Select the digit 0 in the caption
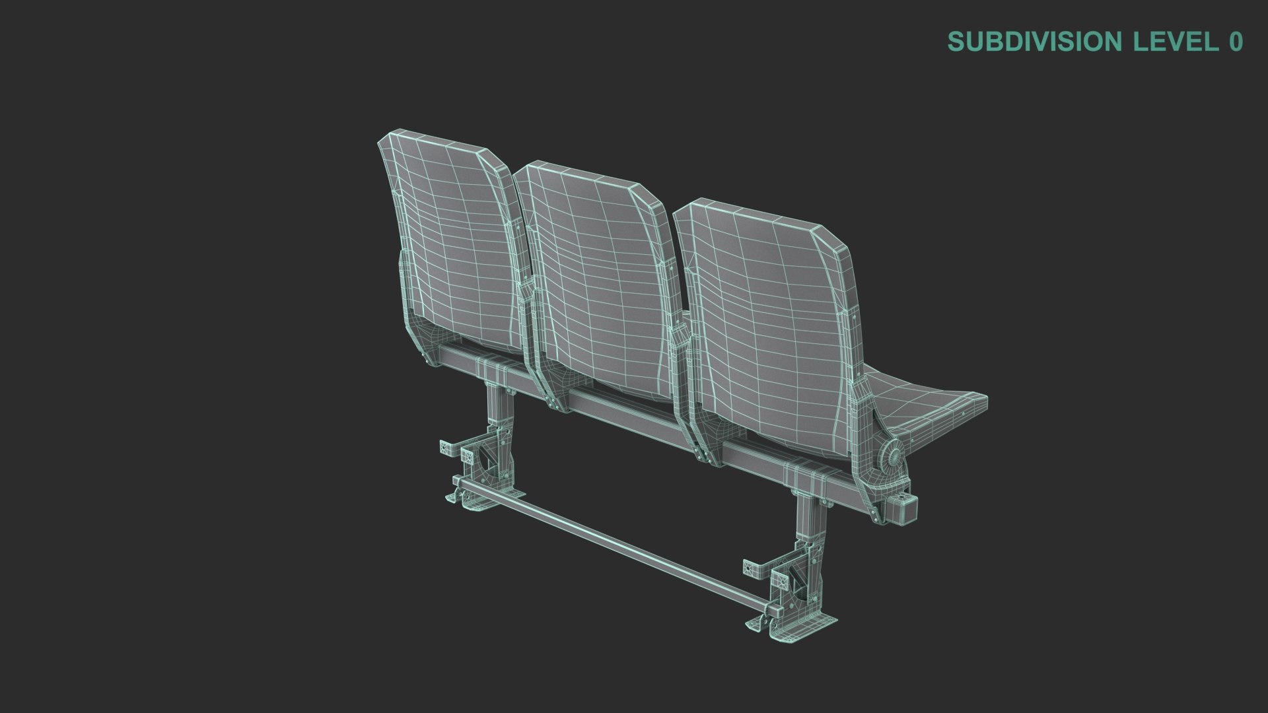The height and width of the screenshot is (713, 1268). coord(1236,42)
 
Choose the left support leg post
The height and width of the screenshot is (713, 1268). coord(495,409)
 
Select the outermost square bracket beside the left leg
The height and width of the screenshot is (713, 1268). coord(448,448)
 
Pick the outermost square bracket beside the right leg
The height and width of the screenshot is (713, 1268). coord(752,568)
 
